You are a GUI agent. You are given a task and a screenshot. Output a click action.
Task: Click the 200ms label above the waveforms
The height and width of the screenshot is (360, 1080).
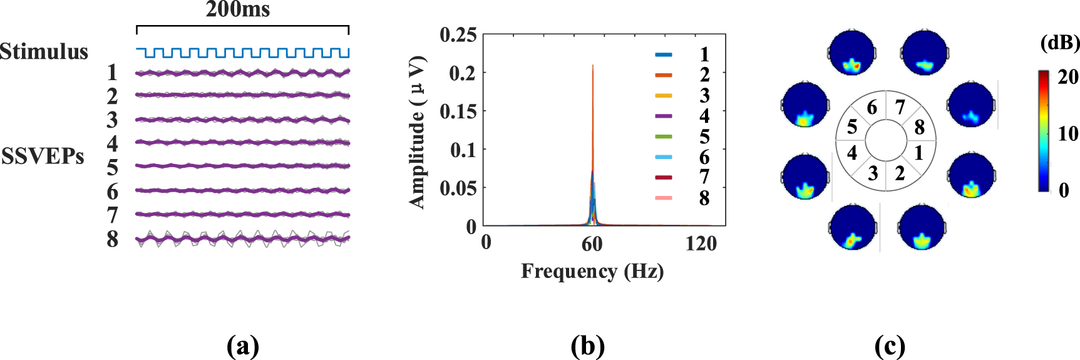[238, 9]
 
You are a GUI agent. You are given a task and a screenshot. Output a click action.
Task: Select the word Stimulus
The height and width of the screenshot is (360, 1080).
[44, 51]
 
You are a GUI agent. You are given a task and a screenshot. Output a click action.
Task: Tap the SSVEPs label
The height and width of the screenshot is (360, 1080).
[43, 156]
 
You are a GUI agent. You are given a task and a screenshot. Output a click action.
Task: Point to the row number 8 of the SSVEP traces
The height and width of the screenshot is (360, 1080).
[112, 239]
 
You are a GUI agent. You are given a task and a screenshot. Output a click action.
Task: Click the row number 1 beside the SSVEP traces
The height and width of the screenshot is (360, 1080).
[112, 73]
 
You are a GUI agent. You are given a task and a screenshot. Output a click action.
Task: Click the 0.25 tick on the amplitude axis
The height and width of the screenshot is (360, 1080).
[458, 35]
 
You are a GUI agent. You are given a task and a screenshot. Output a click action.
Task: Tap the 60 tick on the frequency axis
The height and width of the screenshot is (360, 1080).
[592, 244]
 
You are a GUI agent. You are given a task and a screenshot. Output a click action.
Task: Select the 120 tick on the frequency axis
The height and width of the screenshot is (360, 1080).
[701, 243]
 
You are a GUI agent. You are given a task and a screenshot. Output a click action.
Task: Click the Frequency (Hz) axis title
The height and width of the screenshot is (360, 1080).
[592, 271]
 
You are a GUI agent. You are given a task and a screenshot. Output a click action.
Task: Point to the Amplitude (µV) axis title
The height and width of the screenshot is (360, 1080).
[418, 131]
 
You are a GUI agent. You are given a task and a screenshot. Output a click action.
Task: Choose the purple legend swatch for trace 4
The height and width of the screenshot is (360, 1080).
[664, 116]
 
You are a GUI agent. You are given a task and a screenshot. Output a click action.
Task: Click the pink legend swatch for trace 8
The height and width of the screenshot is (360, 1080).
[664, 198]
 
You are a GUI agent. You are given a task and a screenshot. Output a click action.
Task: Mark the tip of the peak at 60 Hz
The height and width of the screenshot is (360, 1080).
[593, 66]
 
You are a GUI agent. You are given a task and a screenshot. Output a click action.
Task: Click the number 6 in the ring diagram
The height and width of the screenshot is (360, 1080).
[872, 108]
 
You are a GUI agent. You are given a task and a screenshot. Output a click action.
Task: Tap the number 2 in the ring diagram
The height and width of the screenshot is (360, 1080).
[900, 173]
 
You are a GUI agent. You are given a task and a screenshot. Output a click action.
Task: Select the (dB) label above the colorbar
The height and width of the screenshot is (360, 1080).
[1059, 43]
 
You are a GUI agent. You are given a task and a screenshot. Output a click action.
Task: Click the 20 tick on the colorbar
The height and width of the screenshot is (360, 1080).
[1067, 77]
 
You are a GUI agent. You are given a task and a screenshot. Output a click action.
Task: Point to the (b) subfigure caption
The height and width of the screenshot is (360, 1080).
[587, 346]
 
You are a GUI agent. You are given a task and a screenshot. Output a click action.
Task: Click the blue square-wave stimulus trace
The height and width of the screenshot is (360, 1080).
[242, 53]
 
